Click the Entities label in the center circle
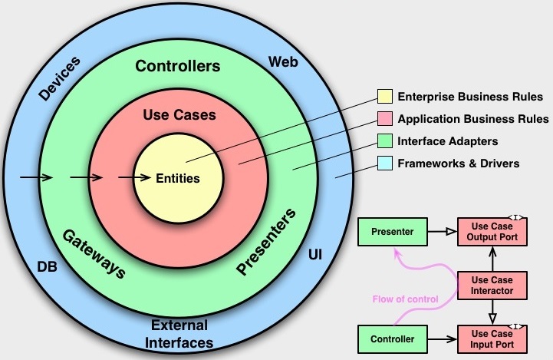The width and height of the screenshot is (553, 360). tap(177, 178)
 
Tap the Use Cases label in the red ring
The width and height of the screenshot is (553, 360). tap(179, 115)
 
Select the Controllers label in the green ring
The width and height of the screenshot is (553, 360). tap(177, 66)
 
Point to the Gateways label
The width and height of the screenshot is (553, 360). tap(93, 254)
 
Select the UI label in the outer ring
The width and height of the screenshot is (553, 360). tap(314, 254)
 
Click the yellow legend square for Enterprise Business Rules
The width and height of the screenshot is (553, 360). tap(384, 97)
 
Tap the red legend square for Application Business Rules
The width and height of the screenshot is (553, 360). tap(384, 119)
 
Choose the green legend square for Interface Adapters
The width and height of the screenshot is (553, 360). tap(384, 141)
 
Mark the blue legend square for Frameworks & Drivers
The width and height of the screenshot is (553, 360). tap(384, 163)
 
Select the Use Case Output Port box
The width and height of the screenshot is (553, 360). tap(492, 231)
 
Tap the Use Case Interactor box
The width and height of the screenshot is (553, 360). tap(492, 284)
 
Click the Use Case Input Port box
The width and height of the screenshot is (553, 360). tap(492, 338)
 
